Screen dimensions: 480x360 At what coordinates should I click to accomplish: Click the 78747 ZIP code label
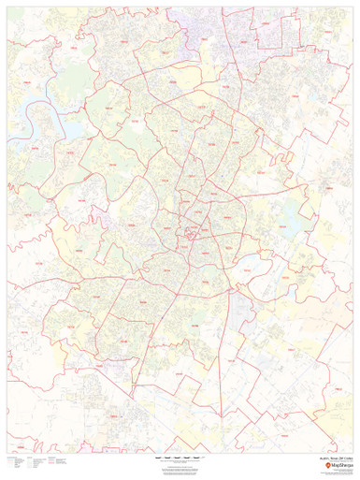point(201,360)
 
